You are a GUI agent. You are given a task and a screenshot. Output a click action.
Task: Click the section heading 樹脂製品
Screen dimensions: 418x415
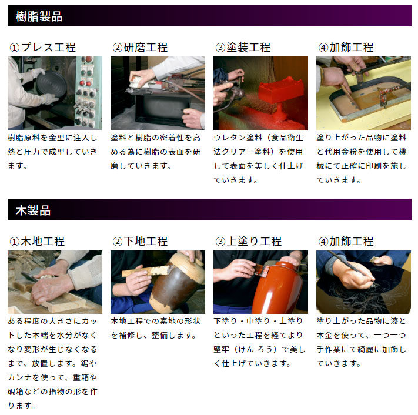(39, 16)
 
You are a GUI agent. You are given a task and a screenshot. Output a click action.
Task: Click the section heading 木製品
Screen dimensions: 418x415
(33, 210)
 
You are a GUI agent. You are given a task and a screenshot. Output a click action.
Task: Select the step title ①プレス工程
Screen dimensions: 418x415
(43, 48)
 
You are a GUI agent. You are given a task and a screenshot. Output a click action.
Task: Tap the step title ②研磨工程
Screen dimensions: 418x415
(140, 48)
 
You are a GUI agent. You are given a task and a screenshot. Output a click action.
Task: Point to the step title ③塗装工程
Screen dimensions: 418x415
(243, 48)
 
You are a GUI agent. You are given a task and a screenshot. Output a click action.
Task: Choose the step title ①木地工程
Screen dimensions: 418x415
(37, 241)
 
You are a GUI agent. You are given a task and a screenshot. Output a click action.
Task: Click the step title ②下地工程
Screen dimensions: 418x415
(140, 241)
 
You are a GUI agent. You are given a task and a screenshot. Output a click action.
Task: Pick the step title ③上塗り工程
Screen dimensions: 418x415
(249, 241)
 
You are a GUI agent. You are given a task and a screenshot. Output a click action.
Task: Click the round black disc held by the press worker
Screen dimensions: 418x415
(52, 84)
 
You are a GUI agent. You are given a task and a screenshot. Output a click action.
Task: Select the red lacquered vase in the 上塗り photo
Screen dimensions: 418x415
(277, 288)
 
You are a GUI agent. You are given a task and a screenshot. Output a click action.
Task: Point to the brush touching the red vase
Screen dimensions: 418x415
(261, 270)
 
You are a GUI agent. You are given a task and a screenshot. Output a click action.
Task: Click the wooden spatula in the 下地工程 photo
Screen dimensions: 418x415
(146, 271)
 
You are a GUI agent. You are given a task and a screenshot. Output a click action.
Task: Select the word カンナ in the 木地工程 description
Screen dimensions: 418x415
(20, 377)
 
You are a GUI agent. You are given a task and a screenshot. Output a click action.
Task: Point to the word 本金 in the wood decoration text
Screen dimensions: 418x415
(325, 335)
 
